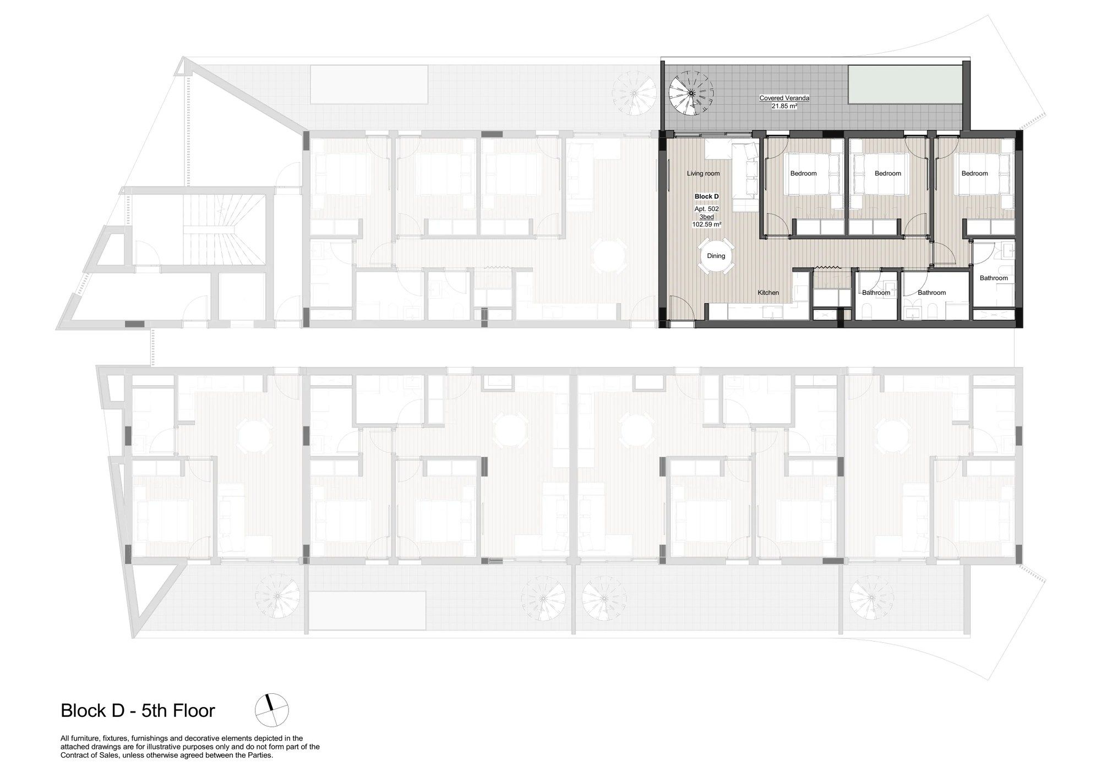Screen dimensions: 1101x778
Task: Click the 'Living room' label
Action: tap(703, 174)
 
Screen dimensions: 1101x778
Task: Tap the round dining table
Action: tap(716, 256)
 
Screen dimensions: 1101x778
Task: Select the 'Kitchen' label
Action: tap(768, 293)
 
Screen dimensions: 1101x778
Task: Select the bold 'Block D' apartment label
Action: tap(706, 196)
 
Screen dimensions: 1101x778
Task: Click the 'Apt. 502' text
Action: tap(706, 209)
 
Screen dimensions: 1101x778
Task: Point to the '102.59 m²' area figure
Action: tap(706, 224)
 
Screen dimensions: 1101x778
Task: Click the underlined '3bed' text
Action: tap(706, 217)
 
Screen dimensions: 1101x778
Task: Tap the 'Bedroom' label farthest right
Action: tap(974, 174)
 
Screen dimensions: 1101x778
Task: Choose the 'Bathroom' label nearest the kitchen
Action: tap(876, 293)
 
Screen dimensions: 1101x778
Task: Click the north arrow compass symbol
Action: tap(271, 710)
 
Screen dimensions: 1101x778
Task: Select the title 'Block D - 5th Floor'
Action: tap(138, 711)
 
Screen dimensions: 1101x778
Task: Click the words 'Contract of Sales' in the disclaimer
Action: tap(86, 755)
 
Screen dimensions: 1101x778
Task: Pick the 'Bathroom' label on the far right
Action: tap(994, 278)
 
